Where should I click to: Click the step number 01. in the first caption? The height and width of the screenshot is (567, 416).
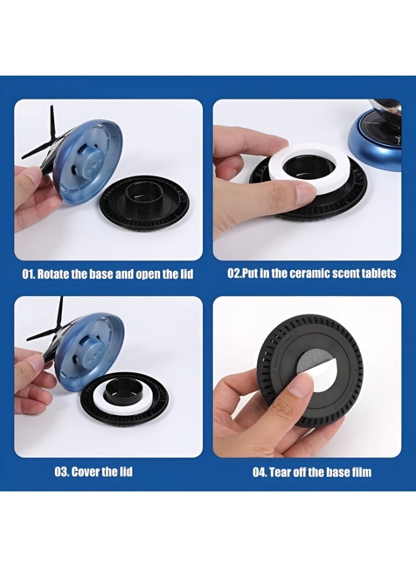point(29,274)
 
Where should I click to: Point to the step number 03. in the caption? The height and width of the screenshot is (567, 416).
point(62,472)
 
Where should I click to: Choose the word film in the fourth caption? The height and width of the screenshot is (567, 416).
point(362,472)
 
